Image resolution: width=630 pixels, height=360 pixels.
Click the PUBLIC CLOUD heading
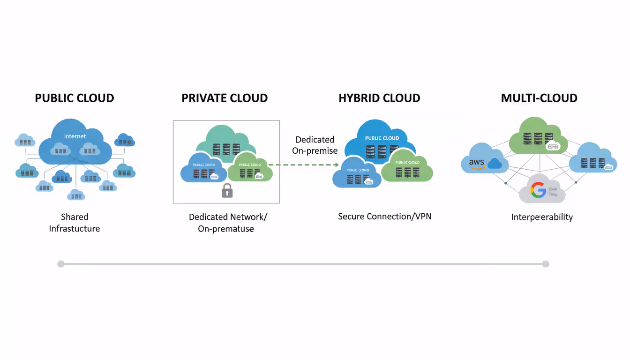click(x=75, y=98)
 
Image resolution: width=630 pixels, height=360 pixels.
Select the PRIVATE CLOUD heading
click(x=225, y=98)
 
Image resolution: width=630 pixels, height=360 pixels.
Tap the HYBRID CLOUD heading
click(x=379, y=98)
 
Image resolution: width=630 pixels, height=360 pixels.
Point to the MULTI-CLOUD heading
click(x=539, y=98)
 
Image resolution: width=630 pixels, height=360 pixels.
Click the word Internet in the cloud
click(x=75, y=136)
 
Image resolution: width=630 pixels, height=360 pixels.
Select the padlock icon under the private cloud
click(x=227, y=190)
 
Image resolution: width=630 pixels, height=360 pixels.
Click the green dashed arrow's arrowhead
click(x=336, y=165)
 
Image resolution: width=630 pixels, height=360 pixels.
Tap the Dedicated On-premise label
click(x=315, y=145)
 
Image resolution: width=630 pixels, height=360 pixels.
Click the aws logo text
click(x=476, y=163)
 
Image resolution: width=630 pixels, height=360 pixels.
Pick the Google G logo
click(x=538, y=190)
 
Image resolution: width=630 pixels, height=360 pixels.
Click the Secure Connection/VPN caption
click(x=384, y=217)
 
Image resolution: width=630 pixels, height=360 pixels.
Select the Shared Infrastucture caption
click(x=75, y=223)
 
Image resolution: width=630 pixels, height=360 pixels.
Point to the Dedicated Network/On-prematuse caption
click(x=228, y=223)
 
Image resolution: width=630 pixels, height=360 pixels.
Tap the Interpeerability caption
click(x=542, y=217)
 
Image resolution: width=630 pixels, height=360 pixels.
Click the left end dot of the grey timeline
click(x=61, y=264)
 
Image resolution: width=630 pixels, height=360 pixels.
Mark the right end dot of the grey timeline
click(x=546, y=264)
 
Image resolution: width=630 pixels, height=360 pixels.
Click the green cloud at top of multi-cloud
click(x=538, y=136)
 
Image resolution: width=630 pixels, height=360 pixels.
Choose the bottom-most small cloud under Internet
click(x=76, y=195)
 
